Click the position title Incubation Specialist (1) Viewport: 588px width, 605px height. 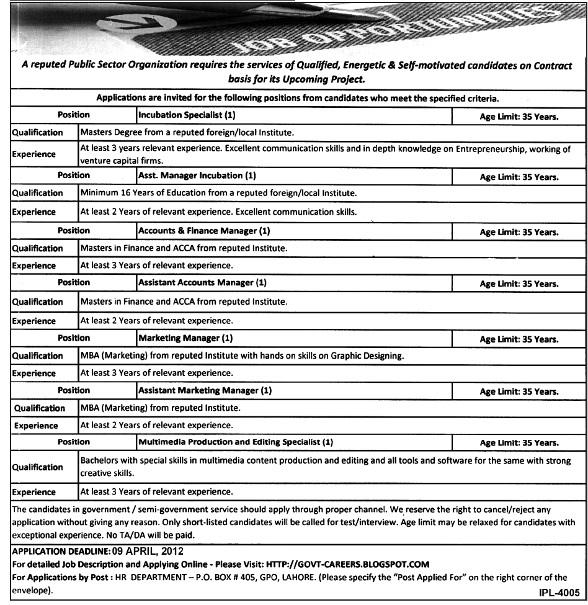187,115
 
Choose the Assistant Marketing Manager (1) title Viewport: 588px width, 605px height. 205,391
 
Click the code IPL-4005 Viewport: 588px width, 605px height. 559,593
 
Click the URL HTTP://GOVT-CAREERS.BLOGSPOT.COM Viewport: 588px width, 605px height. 347,564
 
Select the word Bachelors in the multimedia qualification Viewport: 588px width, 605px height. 101,461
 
